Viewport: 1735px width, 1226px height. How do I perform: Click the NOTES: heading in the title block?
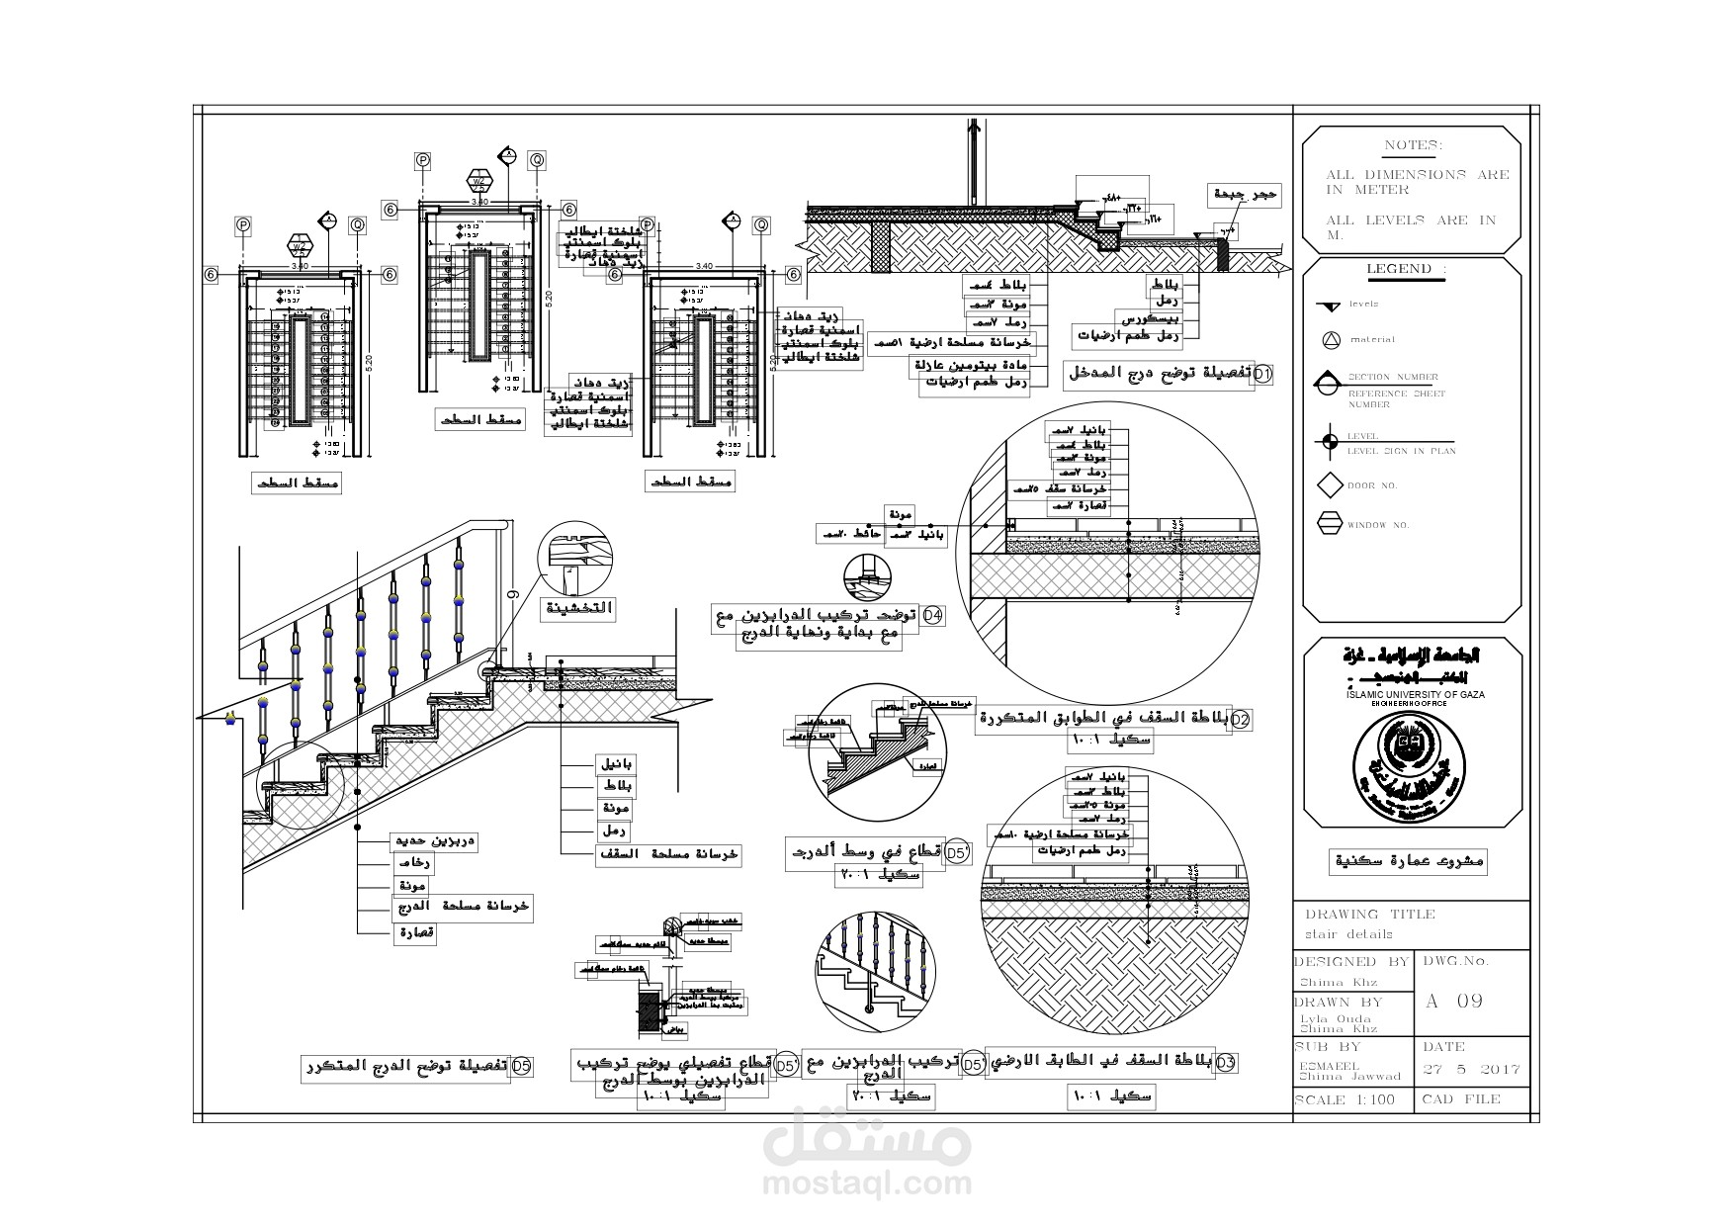(1413, 145)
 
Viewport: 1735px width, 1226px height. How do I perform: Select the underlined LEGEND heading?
(1406, 269)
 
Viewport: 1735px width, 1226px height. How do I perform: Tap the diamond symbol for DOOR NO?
(1330, 485)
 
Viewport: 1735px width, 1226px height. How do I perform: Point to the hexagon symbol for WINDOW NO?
(1330, 524)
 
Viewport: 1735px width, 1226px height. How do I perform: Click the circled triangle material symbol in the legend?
(1330, 340)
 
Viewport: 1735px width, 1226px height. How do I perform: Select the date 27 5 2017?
(1471, 1070)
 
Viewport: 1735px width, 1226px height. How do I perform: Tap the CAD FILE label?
(1460, 1099)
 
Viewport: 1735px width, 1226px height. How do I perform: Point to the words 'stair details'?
(1348, 934)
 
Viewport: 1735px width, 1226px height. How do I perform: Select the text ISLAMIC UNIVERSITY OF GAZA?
(1415, 695)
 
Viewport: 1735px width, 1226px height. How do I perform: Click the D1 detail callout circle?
(1263, 375)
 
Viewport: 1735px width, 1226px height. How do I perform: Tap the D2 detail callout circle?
(1240, 720)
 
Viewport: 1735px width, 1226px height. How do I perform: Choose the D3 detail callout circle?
(1225, 1063)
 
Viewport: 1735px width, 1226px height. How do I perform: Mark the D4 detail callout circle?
(932, 617)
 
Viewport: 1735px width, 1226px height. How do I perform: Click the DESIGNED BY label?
(1351, 962)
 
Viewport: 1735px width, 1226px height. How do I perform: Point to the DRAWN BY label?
(1339, 1003)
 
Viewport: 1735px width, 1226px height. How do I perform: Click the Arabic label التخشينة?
(579, 609)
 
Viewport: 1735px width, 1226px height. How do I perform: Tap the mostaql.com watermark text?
(867, 1182)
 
